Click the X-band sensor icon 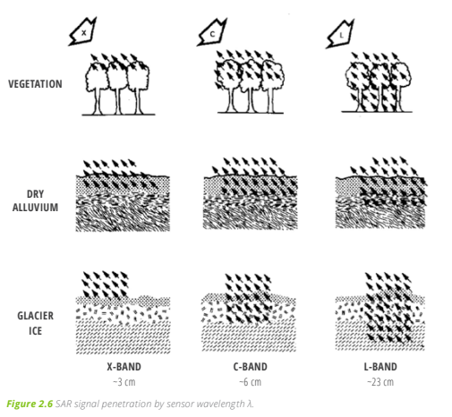[83, 31]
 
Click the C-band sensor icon [212, 33]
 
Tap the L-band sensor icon [341, 34]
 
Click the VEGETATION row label [35, 84]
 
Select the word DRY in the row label [35, 194]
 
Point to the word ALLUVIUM [35, 208]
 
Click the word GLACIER [35, 316]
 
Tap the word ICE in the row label [35, 331]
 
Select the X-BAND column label [124, 367]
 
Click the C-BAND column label [250, 367]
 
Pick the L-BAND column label [380, 367]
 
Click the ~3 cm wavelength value [124, 382]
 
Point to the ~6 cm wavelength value [250, 382]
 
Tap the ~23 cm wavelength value [380, 382]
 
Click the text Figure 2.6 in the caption [30, 404]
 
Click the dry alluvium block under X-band [123, 203]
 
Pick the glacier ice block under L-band [380, 322]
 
